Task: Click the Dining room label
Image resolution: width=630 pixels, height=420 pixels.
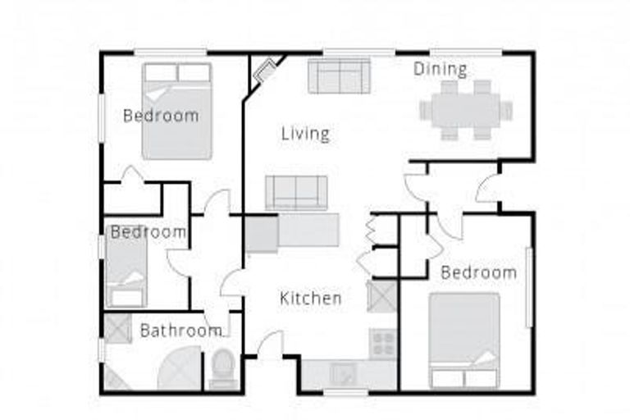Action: coord(440,69)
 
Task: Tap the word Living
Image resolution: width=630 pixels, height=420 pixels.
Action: coord(305,133)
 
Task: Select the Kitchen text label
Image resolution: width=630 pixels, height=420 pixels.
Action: coord(311,298)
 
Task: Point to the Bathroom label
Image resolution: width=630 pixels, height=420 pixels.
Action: coord(180,331)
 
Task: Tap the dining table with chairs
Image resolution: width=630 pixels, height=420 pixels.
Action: coord(466,110)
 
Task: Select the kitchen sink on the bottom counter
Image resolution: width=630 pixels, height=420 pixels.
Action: coord(342,374)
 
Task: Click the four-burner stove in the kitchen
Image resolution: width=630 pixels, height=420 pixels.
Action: coord(382,343)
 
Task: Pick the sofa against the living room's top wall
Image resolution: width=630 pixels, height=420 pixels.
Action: coord(339,76)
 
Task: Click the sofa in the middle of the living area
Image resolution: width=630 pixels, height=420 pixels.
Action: coord(296,193)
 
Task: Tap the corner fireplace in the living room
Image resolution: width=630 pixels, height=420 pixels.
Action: coord(264,71)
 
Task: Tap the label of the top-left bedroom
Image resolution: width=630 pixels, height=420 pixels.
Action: coord(161,116)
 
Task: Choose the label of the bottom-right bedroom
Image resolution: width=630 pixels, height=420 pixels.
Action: coord(479,272)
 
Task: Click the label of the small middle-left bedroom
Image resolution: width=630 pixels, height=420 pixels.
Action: coord(148,232)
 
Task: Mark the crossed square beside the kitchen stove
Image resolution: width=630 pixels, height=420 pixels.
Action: coord(382,296)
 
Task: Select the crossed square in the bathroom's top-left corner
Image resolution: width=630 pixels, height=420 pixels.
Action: coord(116,328)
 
